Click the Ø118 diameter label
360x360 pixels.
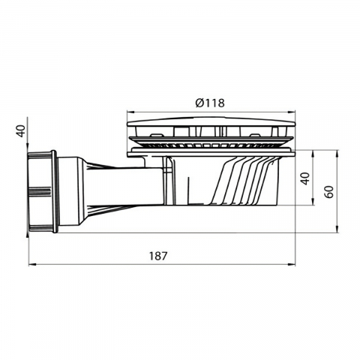pos(210,103)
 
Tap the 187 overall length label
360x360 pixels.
pos(157,256)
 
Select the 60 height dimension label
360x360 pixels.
pos(330,192)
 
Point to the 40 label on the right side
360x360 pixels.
pos(305,178)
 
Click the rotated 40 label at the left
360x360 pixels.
pos(22,130)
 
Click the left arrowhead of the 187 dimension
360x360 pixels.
pos(32,264)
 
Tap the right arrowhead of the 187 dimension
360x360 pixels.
pos(292,264)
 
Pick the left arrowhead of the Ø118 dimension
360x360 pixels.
pos(130,112)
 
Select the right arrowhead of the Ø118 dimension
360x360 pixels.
pos(292,112)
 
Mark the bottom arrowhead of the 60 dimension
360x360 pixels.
pos(337,229)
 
